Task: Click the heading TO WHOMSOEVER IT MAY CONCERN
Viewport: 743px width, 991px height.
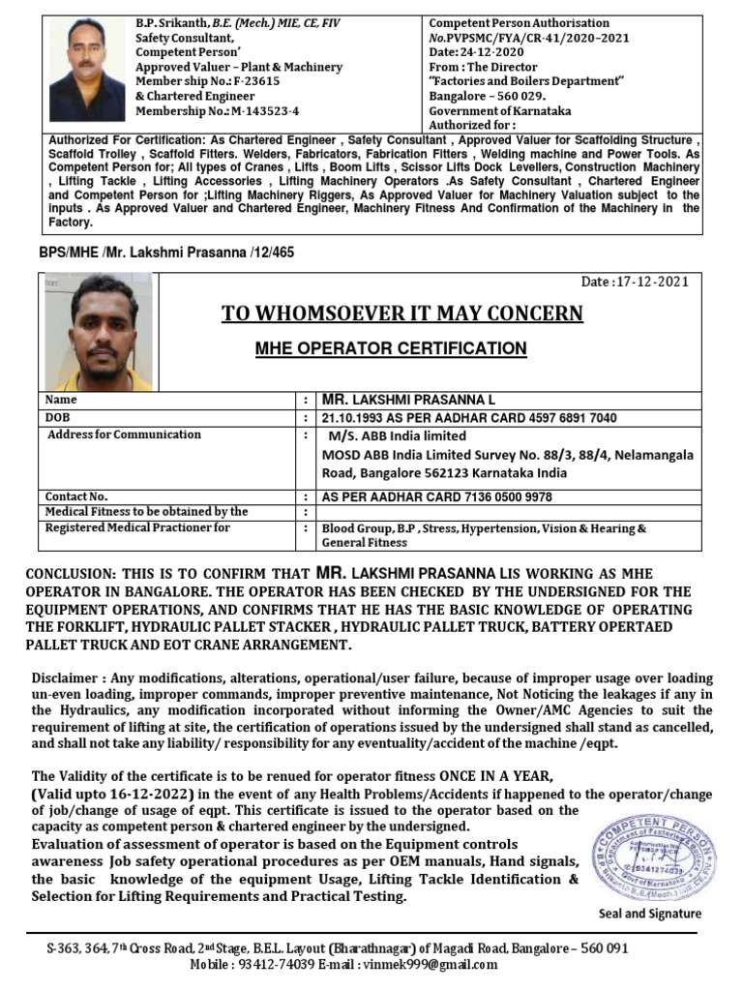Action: (x=402, y=313)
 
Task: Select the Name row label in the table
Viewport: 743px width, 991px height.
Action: (x=61, y=400)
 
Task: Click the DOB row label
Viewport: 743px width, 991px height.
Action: (x=60, y=417)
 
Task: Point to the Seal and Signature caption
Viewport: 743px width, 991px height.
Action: (x=650, y=914)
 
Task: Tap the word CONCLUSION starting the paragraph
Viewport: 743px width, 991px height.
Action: (x=71, y=573)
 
